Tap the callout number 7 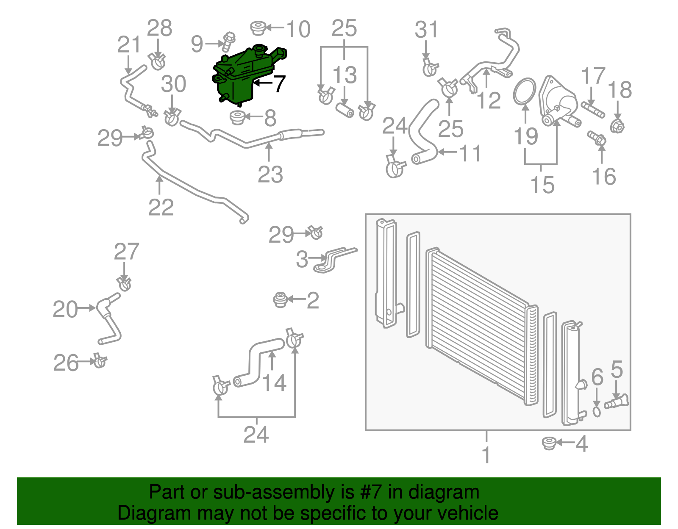[279, 84]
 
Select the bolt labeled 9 [228, 42]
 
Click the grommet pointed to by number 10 [258, 28]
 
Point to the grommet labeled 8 [237, 117]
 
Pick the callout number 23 [270, 174]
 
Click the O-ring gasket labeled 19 [525, 91]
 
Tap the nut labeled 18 [617, 126]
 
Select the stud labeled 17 [593, 110]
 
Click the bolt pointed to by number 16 [597, 138]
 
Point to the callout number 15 [542, 185]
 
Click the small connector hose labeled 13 [345, 111]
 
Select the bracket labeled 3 [334, 260]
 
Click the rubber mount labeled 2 [280, 299]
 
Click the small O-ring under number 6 [596, 412]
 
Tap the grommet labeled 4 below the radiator [549, 443]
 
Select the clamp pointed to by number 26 [100, 360]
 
